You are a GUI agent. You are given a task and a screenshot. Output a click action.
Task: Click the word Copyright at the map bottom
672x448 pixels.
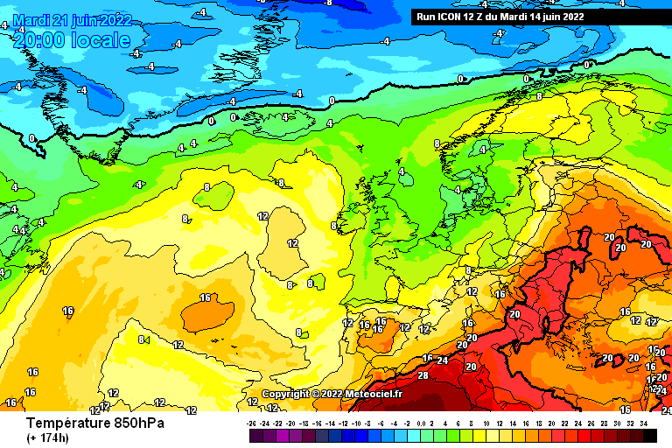(x=284, y=394)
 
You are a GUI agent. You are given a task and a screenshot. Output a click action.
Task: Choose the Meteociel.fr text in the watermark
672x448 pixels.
(x=374, y=394)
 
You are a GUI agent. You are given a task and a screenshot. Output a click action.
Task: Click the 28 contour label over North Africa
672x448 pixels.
(x=423, y=376)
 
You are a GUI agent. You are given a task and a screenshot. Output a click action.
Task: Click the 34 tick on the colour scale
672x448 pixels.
(x=643, y=423)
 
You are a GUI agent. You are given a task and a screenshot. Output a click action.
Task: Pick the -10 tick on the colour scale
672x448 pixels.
(x=359, y=423)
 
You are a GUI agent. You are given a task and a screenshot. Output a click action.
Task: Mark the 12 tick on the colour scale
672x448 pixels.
(x=500, y=423)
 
